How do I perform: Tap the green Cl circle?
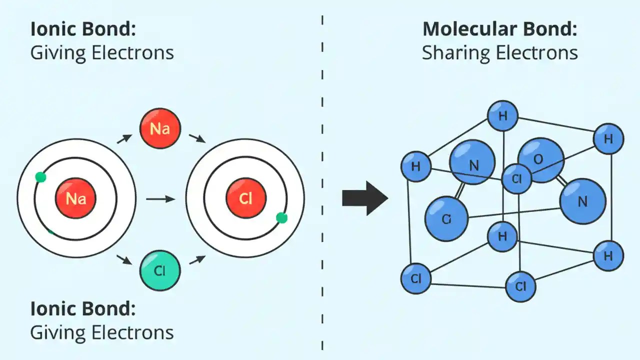160,271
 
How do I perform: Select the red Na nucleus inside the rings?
75,199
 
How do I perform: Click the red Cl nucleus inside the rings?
245,199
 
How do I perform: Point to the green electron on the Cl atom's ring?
281,218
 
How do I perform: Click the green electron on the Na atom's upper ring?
41,177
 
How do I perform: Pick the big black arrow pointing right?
365,198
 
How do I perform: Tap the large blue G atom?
446,218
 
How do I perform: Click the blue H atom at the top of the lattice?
502,116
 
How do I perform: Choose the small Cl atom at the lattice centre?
517,178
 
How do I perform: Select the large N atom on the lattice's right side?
582,201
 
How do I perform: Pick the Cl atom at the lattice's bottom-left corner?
416,278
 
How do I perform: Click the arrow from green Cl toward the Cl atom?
197,259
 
